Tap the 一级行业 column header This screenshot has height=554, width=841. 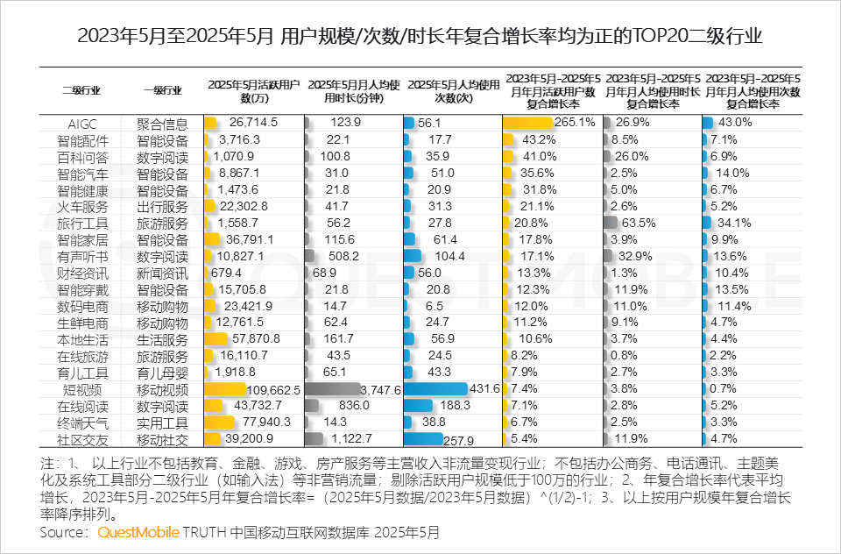162,89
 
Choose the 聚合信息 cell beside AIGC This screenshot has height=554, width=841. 162,123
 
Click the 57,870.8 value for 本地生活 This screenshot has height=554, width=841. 251,339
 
